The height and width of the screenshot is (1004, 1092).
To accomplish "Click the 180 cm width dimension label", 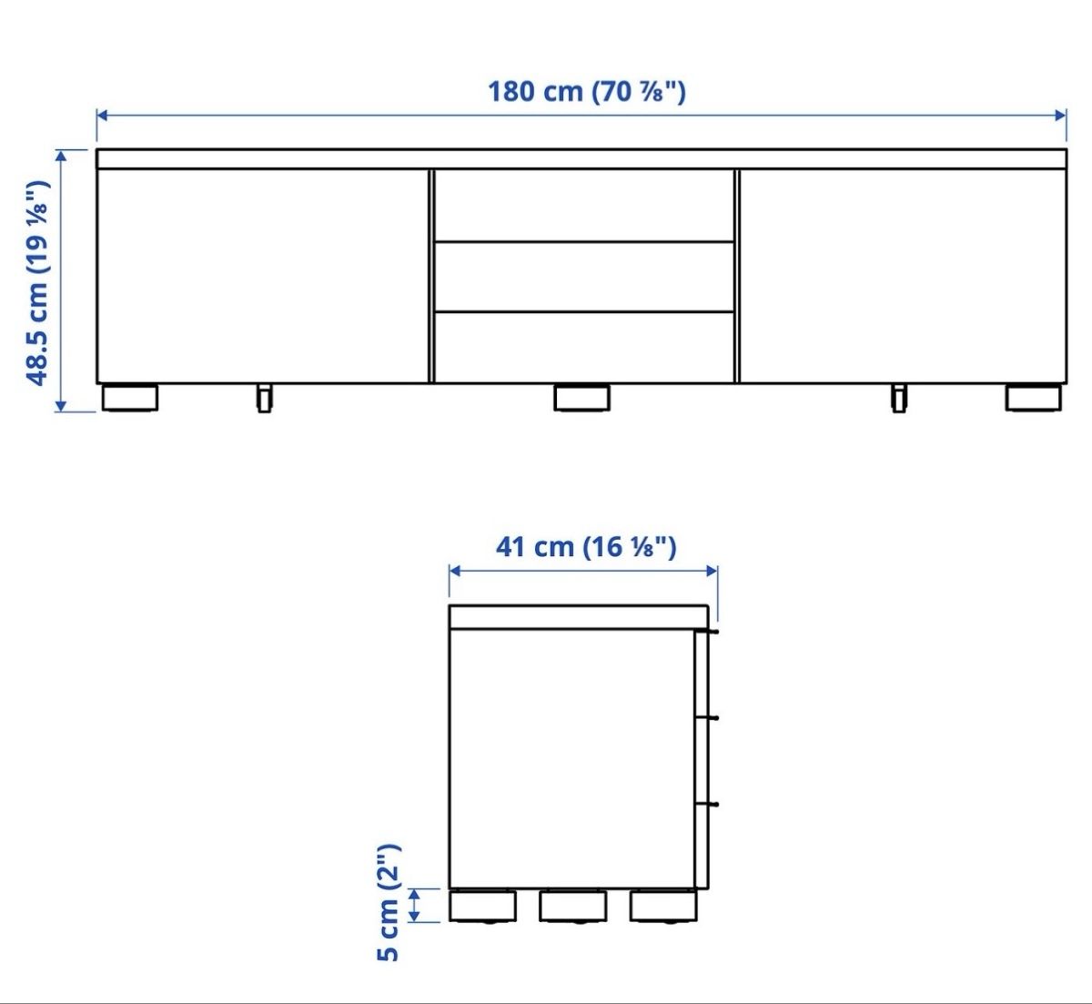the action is point(586,91).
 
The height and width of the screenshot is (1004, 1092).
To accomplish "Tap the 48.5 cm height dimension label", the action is point(38,283).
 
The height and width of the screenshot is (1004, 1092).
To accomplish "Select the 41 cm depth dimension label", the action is point(586,546).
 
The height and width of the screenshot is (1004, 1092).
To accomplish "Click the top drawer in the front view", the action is point(583,206).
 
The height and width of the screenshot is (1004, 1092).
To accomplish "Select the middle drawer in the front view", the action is point(583,277).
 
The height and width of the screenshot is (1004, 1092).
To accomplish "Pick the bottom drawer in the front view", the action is point(583,348).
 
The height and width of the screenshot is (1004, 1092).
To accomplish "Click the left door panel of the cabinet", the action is point(262,276).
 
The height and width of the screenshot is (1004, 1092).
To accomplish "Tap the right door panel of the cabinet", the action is point(903,276).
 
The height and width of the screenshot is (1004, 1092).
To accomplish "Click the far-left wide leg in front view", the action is point(129,398).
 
